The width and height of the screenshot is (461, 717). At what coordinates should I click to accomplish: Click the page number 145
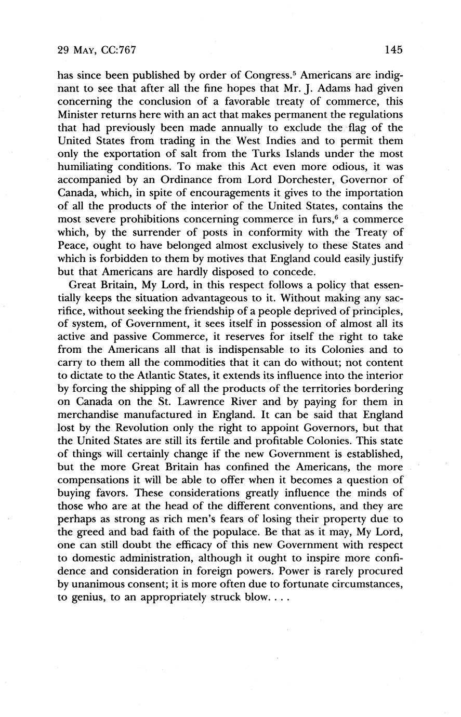394,50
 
